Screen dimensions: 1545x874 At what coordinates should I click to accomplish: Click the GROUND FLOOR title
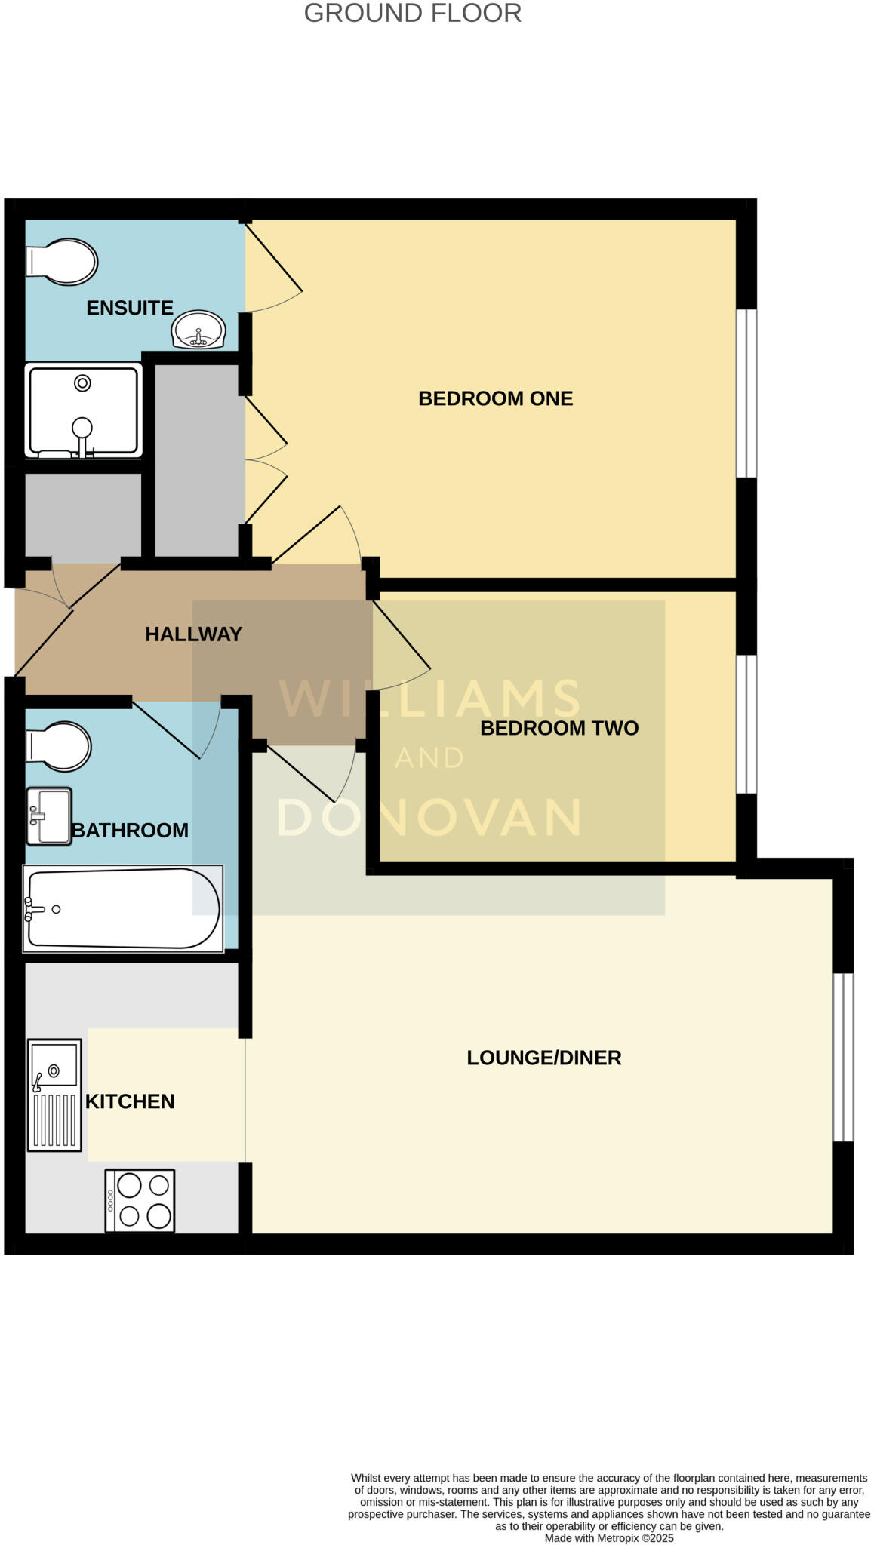point(412,14)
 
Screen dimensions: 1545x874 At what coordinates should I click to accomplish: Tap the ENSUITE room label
point(130,308)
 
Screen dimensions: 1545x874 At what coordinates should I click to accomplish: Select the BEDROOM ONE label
point(495,398)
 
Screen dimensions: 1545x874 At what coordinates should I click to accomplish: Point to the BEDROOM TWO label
point(559,728)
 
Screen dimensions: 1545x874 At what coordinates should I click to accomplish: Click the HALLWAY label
point(193,634)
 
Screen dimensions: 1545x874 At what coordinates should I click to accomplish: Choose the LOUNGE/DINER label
point(543,1058)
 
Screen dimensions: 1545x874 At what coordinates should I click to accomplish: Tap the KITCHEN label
point(130,1101)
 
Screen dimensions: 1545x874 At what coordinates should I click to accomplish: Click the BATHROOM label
point(130,831)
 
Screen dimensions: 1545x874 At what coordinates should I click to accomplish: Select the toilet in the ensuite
point(62,262)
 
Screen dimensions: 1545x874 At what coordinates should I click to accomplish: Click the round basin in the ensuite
point(198,330)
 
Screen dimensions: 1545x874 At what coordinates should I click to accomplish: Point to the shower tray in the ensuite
point(83,410)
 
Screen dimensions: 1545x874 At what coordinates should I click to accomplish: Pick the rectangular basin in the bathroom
point(49,816)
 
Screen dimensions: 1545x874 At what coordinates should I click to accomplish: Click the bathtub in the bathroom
point(123,908)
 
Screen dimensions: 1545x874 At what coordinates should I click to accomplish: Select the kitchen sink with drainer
point(54,1095)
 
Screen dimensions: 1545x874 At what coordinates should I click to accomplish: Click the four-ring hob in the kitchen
point(140,1200)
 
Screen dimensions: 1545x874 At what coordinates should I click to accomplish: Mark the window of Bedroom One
point(746,393)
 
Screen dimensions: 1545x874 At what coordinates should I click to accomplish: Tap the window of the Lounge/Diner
point(843,1057)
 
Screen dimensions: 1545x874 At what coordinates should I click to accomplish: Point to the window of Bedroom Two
point(746,724)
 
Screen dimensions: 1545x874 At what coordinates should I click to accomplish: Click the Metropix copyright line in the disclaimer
point(608,1538)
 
